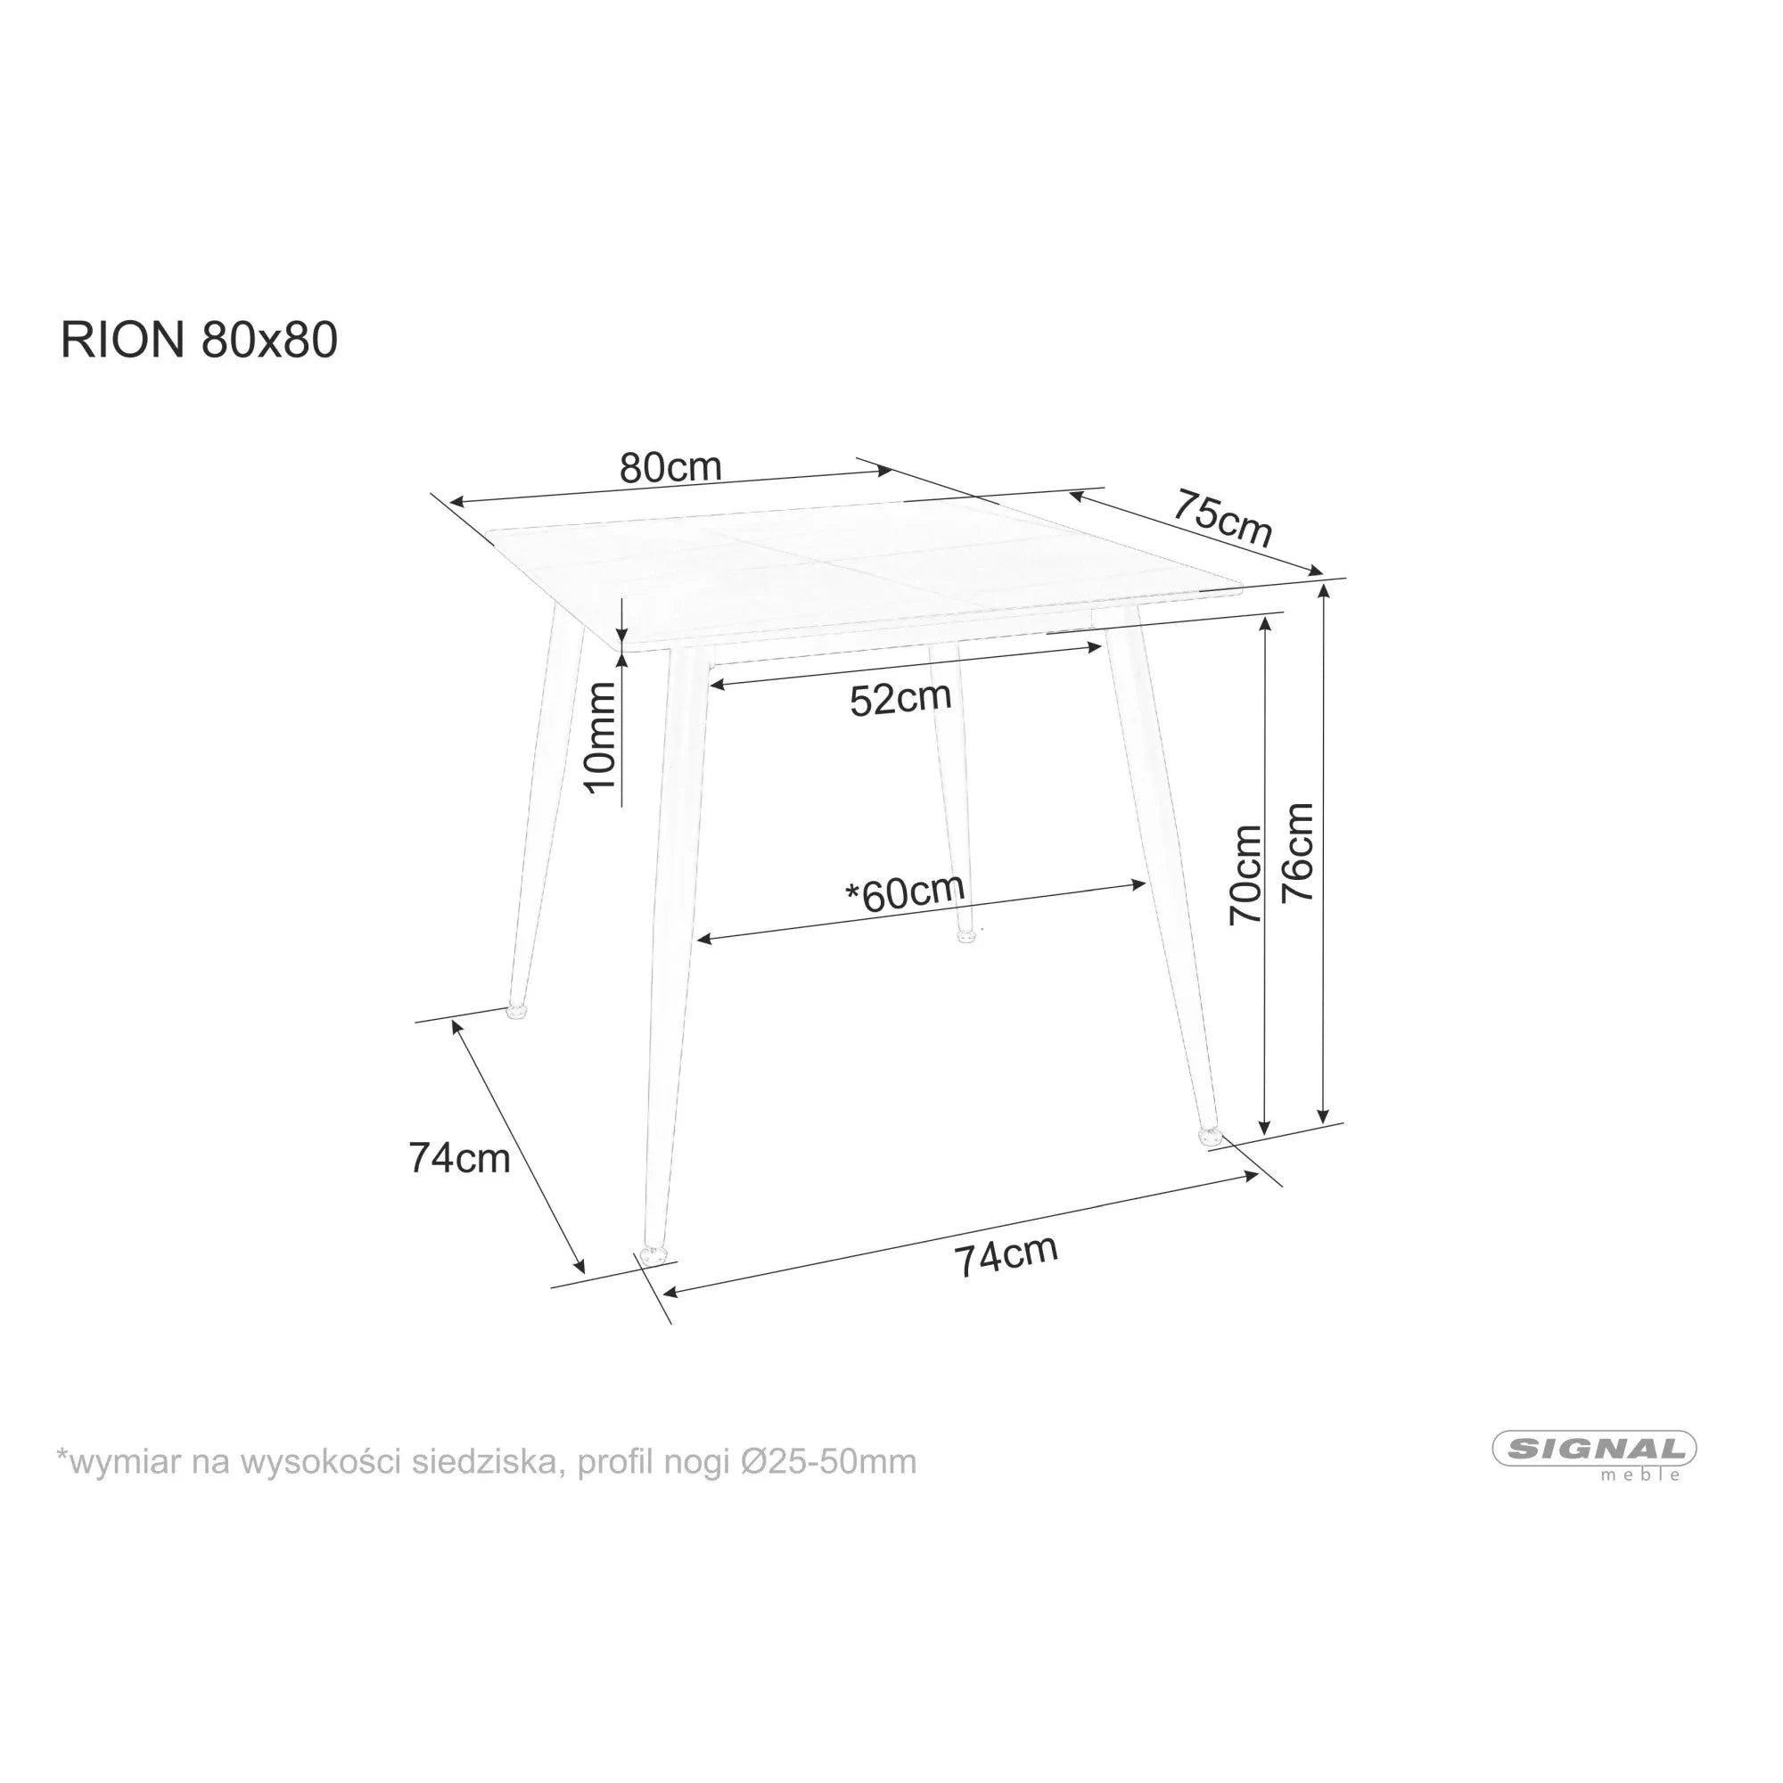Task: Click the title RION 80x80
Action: coord(200,341)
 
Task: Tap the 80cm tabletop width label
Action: coord(670,468)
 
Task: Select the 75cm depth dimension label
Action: coord(1223,519)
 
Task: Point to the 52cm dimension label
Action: coord(900,699)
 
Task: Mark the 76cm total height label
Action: coord(1299,853)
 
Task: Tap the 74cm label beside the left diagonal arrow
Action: coord(460,1159)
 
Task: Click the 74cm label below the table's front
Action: coord(1006,1256)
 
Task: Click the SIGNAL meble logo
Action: coord(1594,1453)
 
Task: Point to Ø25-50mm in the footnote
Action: coord(828,1462)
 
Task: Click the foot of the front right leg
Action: coord(1208,1137)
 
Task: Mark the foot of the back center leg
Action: coord(966,937)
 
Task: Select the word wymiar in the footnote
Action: coord(126,1462)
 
